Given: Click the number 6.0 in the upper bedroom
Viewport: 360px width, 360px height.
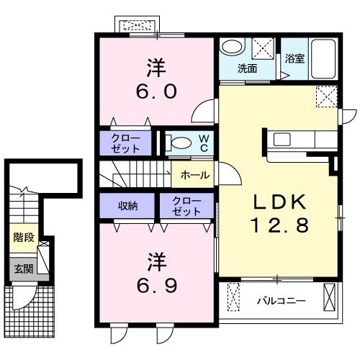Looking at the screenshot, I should (156, 92).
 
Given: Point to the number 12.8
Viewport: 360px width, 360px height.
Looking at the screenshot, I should (280, 225).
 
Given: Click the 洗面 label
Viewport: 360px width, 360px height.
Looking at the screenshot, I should (248, 69).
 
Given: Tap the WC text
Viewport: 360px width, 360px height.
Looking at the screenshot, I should (204, 142).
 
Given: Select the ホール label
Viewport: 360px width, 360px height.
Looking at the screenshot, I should (195, 175).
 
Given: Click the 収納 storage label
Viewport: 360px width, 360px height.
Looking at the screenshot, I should (127, 206).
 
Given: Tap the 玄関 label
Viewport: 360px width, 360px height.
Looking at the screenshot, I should (23, 269).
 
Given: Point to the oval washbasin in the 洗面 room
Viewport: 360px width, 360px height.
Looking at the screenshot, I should (233, 47).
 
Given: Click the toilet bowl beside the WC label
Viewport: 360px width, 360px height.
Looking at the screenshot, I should (181, 143).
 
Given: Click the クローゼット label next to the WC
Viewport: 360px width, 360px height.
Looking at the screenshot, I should (126, 142).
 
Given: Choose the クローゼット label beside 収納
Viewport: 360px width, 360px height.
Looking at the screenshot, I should (186, 206).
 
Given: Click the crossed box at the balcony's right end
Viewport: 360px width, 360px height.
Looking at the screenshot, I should (330, 297).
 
